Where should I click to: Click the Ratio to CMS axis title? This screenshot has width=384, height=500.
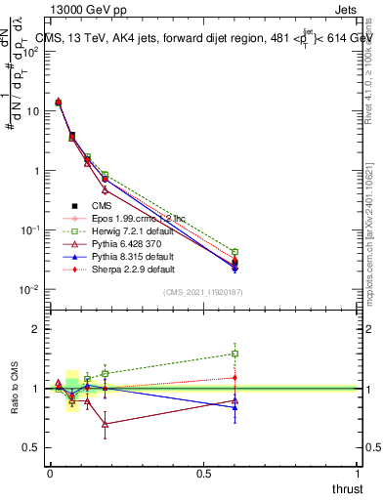click(x=15, y=388)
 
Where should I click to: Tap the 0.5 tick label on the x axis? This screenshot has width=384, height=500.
click(x=203, y=474)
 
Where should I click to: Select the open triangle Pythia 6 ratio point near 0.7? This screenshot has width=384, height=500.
click(x=105, y=424)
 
